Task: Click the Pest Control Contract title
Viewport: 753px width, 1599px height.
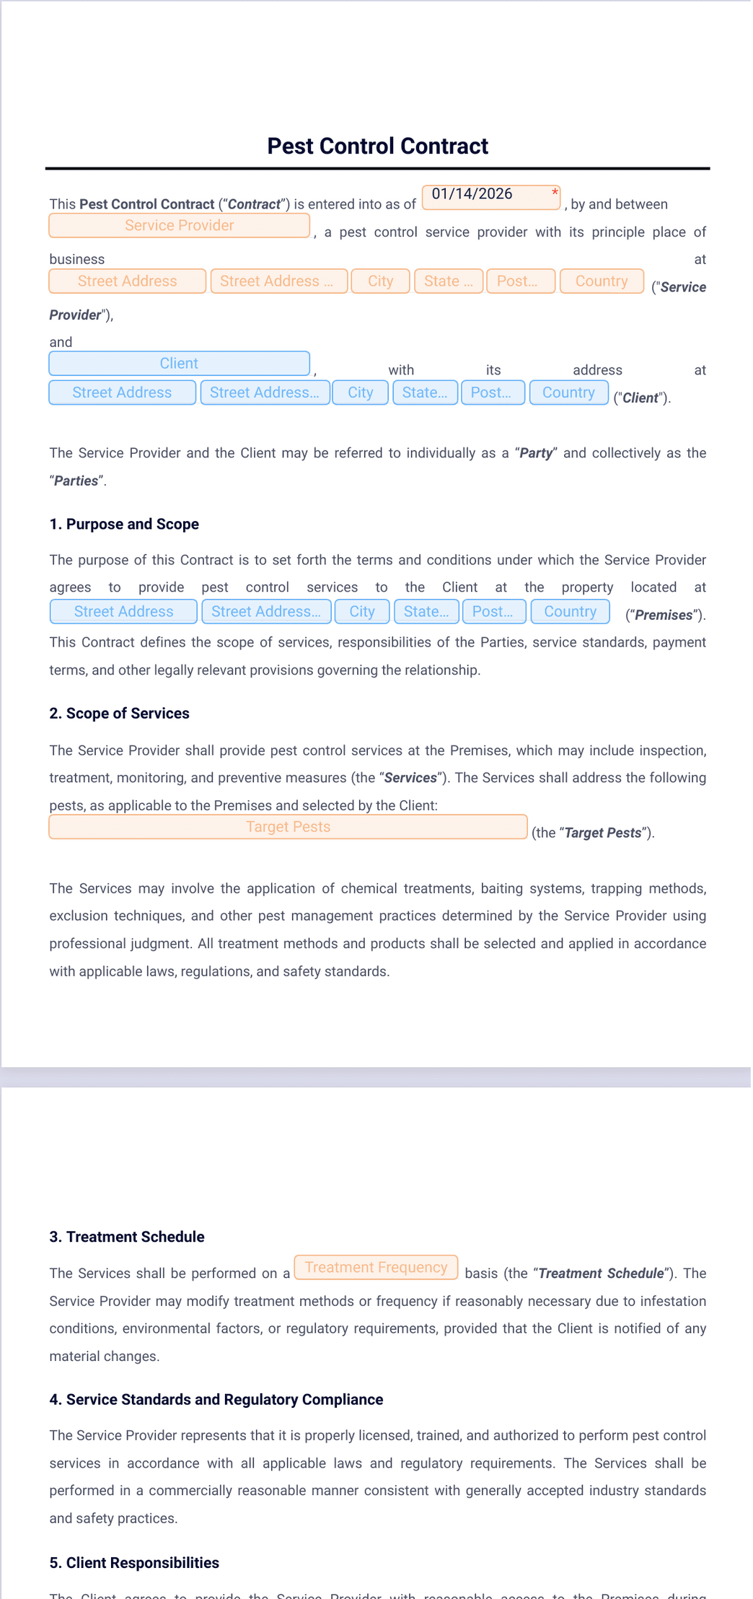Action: tap(377, 146)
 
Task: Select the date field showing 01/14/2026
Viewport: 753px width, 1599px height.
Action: tap(483, 196)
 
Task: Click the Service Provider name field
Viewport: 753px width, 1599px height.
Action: tap(179, 226)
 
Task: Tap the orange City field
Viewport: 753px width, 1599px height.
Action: tap(380, 281)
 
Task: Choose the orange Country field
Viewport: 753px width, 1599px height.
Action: tap(601, 281)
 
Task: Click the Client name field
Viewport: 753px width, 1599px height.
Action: tap(179, 364)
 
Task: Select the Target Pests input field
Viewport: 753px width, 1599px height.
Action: tap(288, 827)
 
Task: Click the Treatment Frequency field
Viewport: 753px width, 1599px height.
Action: tap(376, 1268)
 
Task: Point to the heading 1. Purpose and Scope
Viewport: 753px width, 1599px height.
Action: tap(124, 525)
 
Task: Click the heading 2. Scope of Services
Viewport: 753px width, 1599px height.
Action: tap(119, 714)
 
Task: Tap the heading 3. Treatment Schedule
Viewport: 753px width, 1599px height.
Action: tap(127, 1237)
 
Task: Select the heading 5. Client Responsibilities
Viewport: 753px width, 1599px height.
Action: tap(134, 1563)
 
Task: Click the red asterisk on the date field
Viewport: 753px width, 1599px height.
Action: tap(555, 193)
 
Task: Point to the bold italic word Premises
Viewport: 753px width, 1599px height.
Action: tap(663, 615)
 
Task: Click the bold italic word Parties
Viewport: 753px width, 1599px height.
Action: tap(76, 481)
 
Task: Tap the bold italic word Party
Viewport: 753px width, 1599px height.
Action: tap(536, 454)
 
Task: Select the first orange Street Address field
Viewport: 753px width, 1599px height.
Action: tap(127, 281)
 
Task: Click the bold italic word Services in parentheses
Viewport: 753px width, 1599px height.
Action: tap(410, 779)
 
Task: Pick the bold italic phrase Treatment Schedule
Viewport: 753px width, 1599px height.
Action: tap(601, 1274)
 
